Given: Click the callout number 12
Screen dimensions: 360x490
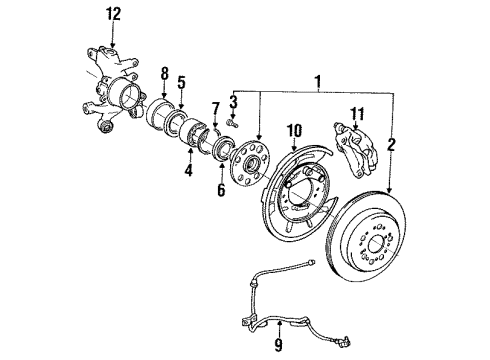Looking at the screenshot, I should tap(114, 13).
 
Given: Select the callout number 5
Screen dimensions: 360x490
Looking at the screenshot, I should tap(181, 83).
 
